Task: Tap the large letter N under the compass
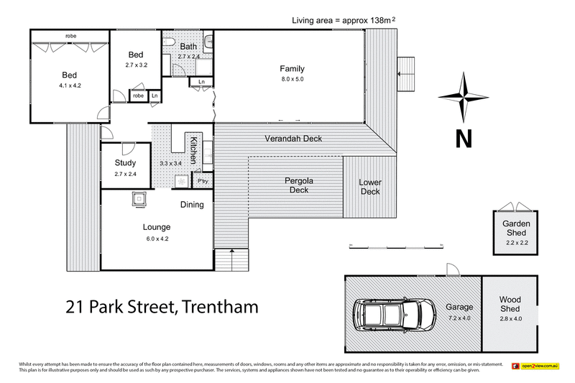click(464, 137)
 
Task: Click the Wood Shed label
click(510, 304)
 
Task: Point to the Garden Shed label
click(516, 229)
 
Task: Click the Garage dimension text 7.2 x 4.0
click(460, 317)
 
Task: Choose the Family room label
click(292, 69)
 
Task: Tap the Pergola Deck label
click(298, 185)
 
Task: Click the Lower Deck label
click(369, 187)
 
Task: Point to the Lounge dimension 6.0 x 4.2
click(156, 239)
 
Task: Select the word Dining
click(192, 205)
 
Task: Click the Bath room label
click(188, 47)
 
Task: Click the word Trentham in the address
click(219, 308)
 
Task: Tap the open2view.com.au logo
click(535, 367)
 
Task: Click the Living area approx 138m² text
click(342, 20)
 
